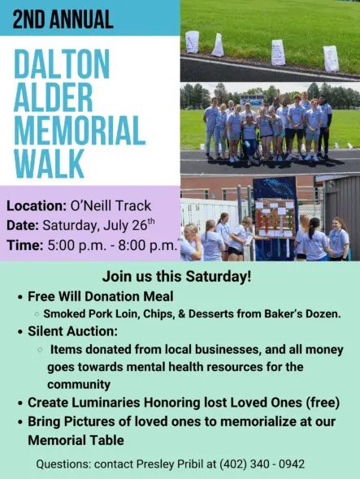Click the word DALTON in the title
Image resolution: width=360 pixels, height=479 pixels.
point(62,63)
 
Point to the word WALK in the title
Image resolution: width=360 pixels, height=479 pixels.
point(49,163)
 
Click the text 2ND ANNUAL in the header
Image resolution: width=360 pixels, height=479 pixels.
point(63,19)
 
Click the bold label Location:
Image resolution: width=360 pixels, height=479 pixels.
point(37,205)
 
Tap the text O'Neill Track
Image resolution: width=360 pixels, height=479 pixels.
point(111,205)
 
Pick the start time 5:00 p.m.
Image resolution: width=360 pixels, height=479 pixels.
point(76,245)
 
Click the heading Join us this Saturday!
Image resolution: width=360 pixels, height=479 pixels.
point(177,276)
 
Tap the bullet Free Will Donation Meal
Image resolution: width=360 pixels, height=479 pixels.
point(101,296)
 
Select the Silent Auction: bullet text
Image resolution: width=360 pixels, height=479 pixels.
point(73,331)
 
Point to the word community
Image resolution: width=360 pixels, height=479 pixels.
point(79,384)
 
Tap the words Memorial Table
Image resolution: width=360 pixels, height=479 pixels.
point(76,440)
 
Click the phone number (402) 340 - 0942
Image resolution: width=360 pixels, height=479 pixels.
point(262,464)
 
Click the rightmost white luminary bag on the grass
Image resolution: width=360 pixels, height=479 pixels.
point(331,58)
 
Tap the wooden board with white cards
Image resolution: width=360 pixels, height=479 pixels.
point(275,218)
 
